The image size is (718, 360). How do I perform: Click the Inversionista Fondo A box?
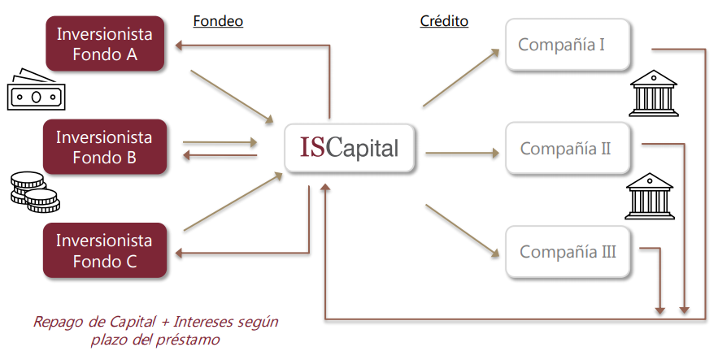point(104,44)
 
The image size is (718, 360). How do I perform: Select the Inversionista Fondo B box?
point(104,146)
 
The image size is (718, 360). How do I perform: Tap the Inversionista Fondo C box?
point(104,251)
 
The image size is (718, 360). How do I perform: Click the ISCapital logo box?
point(349,148)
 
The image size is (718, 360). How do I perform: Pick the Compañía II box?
point(568,149)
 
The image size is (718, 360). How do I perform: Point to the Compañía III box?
point(568,252)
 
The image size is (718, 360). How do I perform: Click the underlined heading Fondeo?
point(218,21)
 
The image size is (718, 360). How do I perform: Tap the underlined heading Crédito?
point(443,21)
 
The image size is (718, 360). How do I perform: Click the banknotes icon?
point(33,93)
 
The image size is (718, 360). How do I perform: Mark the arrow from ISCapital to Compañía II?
point(461,151)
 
